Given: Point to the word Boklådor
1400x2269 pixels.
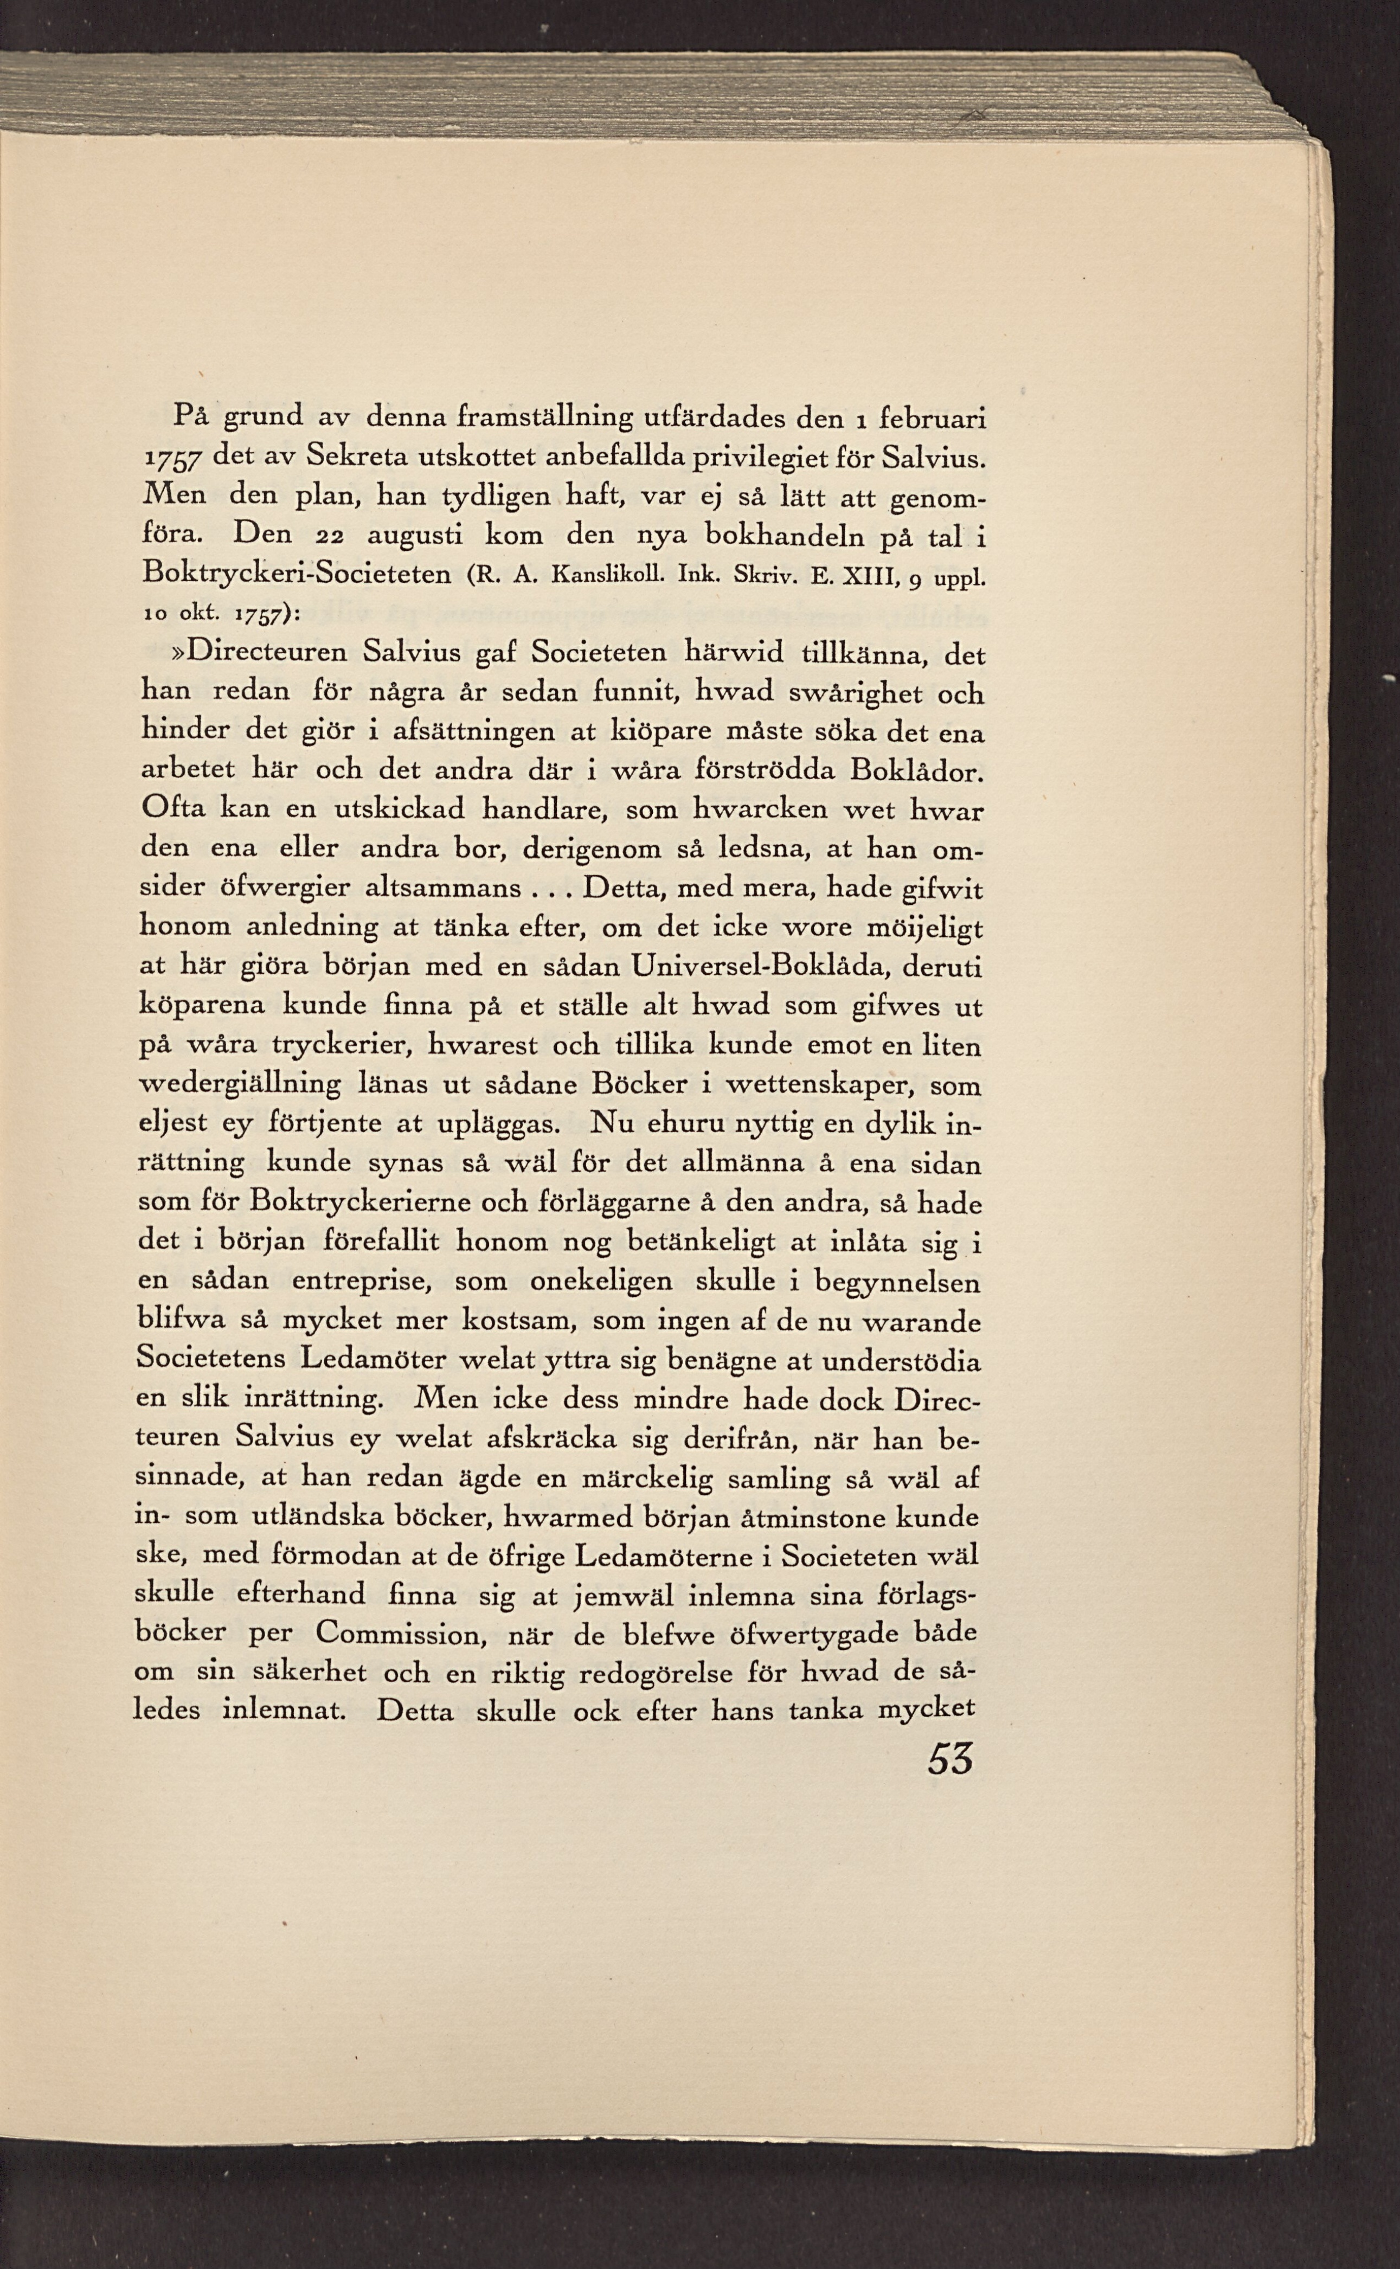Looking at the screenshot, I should click(917, 771).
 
